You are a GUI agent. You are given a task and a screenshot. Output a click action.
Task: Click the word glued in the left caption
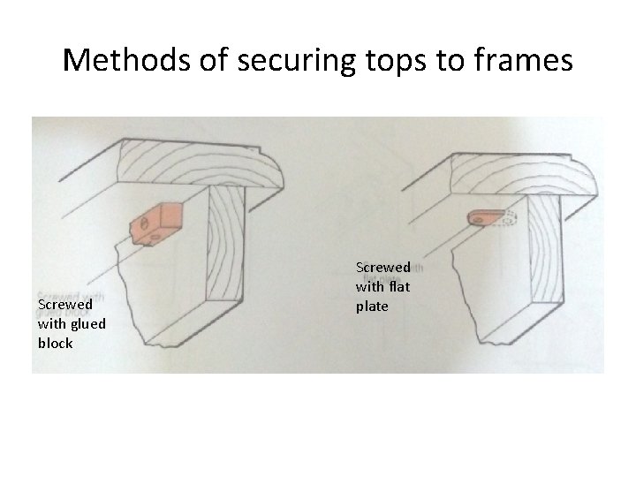click(x=87, y=324)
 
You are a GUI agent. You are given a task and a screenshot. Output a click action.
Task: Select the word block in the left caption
click(x=55, y=342)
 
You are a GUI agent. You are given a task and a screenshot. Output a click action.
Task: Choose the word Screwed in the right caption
click(x=382, y=266)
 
